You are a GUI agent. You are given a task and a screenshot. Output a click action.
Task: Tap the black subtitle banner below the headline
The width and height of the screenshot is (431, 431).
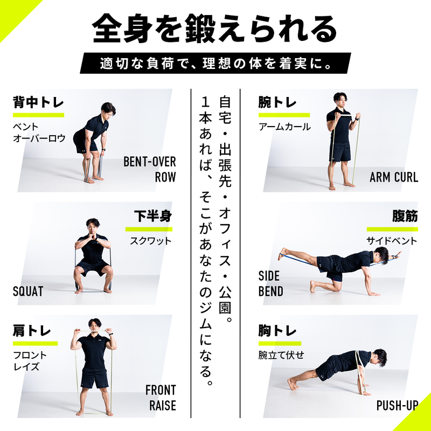click(x=215, y=63)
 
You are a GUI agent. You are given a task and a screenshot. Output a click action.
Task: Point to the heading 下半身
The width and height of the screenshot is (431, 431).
click(x=152, y=217)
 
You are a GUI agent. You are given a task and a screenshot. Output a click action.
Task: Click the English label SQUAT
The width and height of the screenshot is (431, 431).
click(x=28, y=291)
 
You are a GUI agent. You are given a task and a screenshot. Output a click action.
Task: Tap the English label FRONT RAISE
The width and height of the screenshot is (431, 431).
click(x=160, y=398)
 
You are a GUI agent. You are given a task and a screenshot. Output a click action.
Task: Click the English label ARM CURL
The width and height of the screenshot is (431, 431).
click(x=393, y=177)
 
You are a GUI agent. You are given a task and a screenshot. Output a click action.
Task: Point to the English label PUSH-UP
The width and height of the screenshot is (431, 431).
click(x=397, y=406)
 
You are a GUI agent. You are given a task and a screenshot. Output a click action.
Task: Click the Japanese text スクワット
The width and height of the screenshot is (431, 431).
click(x=150, y=241)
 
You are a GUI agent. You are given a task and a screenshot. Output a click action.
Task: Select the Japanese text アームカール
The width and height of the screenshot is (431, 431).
click(x=284, y=127)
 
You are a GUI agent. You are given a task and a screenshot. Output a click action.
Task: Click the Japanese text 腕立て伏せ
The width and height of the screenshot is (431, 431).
click(x=281, y=355)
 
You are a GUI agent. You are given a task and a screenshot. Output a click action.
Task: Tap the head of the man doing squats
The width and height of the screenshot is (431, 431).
click(x=93, y=225)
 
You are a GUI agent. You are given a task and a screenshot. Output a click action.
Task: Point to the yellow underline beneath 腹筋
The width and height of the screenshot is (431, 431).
click(x=392, y=229)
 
